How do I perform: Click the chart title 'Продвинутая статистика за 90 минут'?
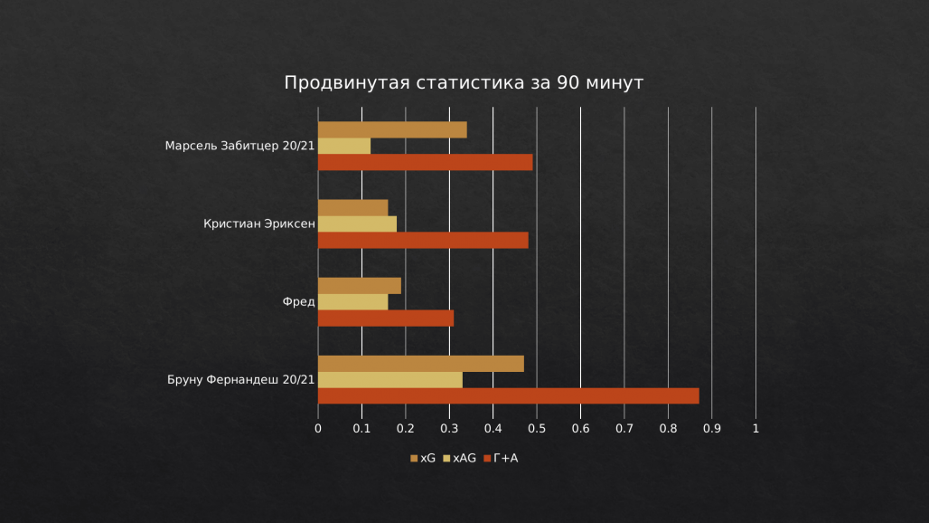pos(464,82)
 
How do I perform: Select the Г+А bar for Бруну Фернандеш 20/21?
pos(508,395)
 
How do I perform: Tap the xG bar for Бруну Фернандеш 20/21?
pos(420,364)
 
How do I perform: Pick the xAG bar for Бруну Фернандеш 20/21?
pos(389,380)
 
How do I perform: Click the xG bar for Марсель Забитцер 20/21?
pos(392,129)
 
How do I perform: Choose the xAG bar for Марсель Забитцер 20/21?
pos(344,146)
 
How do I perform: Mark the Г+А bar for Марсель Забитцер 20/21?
pos(425,162)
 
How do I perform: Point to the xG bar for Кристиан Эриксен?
pos(352,207)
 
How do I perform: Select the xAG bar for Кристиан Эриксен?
pos(357,223)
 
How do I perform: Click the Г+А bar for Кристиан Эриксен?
pos(423,240)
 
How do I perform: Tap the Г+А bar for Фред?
pos(386,318)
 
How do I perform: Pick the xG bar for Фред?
pos(359,286)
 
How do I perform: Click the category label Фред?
pos(298,302)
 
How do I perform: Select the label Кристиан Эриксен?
pos(258,224)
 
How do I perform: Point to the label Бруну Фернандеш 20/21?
pos(240,380)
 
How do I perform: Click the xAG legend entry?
pos(459,459)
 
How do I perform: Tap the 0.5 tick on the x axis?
pos(537,428)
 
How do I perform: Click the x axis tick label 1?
pos(755,428)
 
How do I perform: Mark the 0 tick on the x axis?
pos(318,428)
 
